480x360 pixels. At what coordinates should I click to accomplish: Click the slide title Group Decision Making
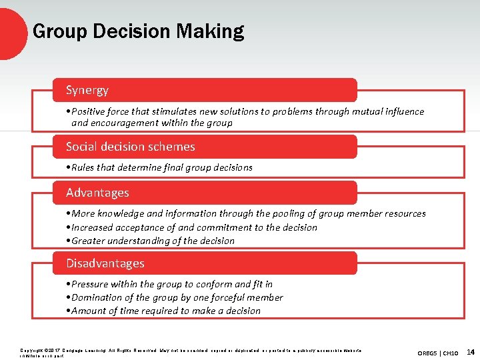pos(138,31)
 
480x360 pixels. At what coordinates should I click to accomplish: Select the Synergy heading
pos(87,90)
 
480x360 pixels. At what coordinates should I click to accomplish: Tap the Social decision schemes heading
pos(131,147)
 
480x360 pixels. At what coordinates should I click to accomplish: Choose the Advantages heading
pos(97,193)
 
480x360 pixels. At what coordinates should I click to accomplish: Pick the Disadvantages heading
pos(105,263)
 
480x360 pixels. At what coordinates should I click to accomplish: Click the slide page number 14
pos(471,351)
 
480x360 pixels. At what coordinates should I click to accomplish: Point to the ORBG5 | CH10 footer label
pos(437,352)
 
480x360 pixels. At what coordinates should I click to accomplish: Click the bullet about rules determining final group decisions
pos(159,167)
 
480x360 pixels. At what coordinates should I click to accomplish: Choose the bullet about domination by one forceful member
pos(174,297)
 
